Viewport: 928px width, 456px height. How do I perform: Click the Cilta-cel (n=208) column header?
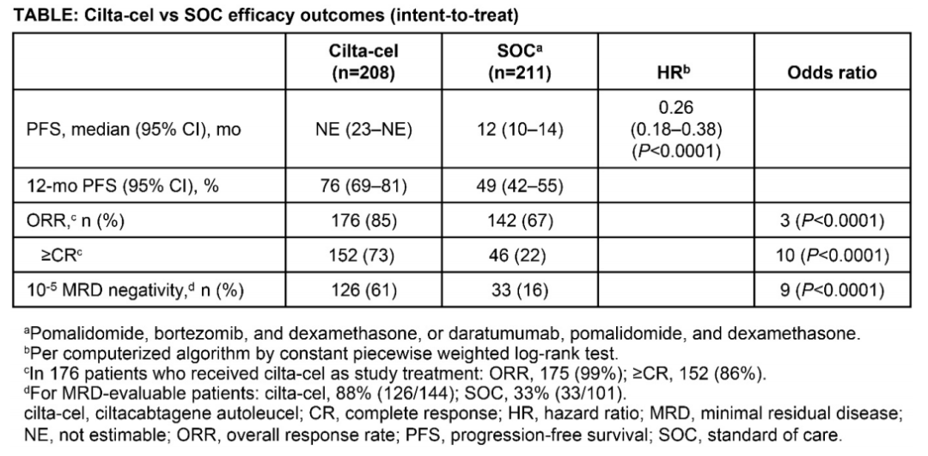(x=363, y=62)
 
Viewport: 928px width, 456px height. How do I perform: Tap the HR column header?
(x=676, y=72)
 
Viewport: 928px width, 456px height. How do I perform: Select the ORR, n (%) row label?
(x=78, y=221)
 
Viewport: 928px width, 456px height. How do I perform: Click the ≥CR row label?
(x=55, y=256)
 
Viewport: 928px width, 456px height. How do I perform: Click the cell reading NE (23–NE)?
(x=364, y=130)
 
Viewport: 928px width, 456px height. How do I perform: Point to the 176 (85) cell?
(x=364, y=221)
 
